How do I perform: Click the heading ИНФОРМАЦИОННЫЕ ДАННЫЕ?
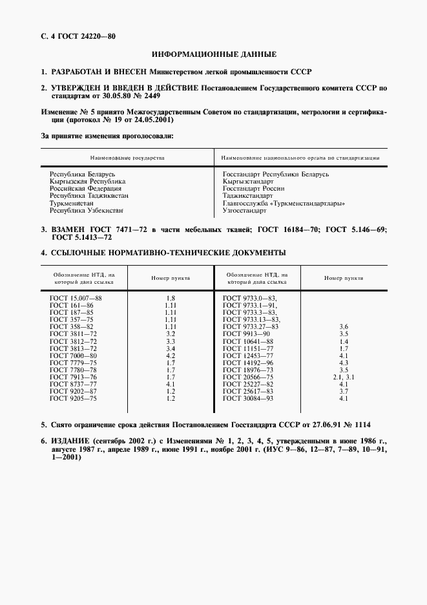tap(214, 54)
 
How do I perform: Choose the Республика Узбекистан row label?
tap(87, 210)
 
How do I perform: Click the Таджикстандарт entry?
tap(248, 195)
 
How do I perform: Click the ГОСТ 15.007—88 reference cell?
tap(76, 297)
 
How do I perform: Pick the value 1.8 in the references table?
tap(171, 297)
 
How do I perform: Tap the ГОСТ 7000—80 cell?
tap(73, 356)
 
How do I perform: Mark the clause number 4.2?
tap(171, 356)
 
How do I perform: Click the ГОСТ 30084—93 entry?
tap(248, 398)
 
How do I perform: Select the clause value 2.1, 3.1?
tap(344, 377)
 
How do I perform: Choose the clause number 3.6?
tap(344, 326)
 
